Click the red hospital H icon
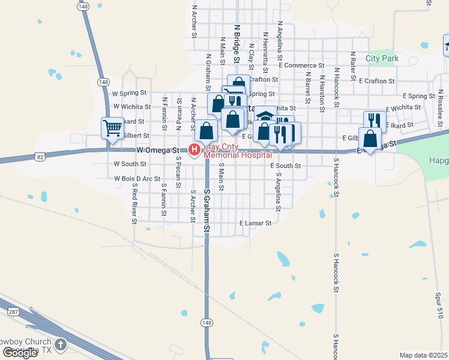click(194, 149)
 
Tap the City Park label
click(382, 59)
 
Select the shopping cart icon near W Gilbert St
click(112, 128)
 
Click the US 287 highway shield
click(13, 311)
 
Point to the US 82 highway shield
click(40, 157)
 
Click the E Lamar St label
click(255, 223)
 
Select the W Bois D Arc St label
click(137, 178)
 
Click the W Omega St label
click(158, 149)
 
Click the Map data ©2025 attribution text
click(424, 355)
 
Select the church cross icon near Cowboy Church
click(60, 344)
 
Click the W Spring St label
click(130, 93)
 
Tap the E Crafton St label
click(376, 80)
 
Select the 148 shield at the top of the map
click(83, 5)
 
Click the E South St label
click(285, 165)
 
